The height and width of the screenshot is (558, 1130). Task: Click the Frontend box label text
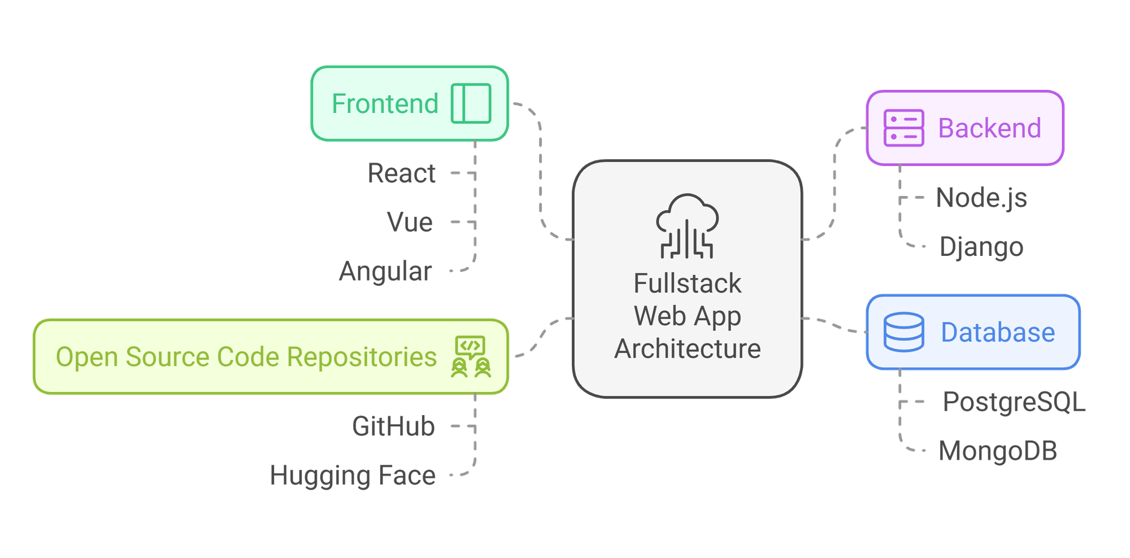click(385, 104)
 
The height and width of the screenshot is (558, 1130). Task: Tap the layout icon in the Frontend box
click(471, 103)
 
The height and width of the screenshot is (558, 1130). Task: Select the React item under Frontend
click(402, 173)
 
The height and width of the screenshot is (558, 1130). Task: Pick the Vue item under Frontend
click(410, 223)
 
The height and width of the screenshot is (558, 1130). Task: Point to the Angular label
click(386, 272)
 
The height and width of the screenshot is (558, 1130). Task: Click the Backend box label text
click(989, 128)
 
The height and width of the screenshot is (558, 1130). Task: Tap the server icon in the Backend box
click(903, 128)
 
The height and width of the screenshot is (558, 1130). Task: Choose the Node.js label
click(981, 198)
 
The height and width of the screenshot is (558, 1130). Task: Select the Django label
click(981, 247)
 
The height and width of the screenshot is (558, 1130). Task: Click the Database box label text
click(998, 333)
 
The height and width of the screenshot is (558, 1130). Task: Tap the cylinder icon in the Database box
click(903, 332)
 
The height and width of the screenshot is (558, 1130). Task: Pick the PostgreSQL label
click(1014, 402)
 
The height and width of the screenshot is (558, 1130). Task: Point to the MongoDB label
click(998, 451)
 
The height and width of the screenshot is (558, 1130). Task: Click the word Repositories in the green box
click(362, 357)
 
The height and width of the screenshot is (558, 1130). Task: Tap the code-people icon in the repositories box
click(471, 357)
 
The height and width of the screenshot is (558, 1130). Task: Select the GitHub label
click(394, 426)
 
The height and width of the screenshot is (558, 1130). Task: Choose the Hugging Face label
click(353, 476)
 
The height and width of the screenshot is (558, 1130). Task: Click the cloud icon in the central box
click(687, 226)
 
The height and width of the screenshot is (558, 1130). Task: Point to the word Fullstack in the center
click(687, 284)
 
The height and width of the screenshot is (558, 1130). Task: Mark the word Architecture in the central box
click(687, 349)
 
